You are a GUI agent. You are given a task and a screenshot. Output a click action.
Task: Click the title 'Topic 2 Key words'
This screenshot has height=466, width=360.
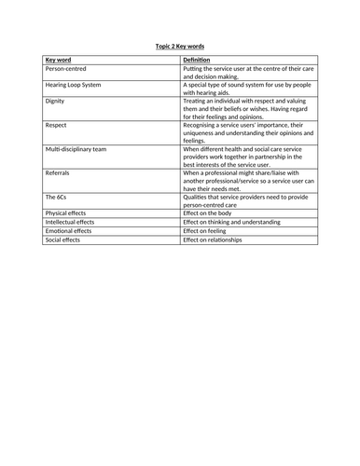tap(179, 45)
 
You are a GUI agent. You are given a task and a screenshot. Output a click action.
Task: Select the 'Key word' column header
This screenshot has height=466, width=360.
tap(59, 60)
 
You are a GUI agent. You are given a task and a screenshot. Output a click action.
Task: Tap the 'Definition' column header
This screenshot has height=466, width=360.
tap(197, 60)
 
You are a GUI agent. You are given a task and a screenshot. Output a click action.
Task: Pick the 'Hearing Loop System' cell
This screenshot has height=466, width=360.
tap(75, 85)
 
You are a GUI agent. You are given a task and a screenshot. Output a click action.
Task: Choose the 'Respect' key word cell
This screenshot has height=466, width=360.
tap(56, 125)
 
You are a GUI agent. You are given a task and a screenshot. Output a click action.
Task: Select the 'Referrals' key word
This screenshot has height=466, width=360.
tap(58, 173)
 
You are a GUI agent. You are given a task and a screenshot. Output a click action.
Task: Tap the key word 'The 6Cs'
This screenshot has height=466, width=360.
tap(55, 198)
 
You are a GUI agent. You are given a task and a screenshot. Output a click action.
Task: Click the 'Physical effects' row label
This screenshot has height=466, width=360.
tap(66, 213)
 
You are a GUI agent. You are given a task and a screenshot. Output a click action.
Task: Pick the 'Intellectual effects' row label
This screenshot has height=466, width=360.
tap(70, 223)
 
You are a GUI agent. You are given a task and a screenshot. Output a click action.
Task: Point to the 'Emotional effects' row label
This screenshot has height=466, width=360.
tap(68, 231)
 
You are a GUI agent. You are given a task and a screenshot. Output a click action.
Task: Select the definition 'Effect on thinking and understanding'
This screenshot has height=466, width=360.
tap(233, 223)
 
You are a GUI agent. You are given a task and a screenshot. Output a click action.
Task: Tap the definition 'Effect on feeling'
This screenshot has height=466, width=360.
tap(207, 231)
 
